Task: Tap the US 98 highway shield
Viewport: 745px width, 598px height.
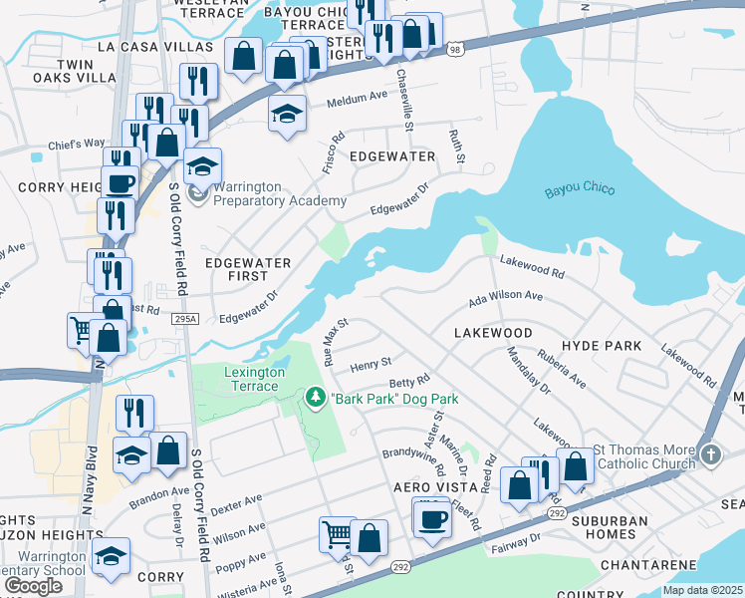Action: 454,49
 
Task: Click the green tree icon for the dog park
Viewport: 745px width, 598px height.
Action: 316,399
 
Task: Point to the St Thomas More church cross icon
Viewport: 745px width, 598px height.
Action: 709,454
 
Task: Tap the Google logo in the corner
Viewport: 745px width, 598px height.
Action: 33,586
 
